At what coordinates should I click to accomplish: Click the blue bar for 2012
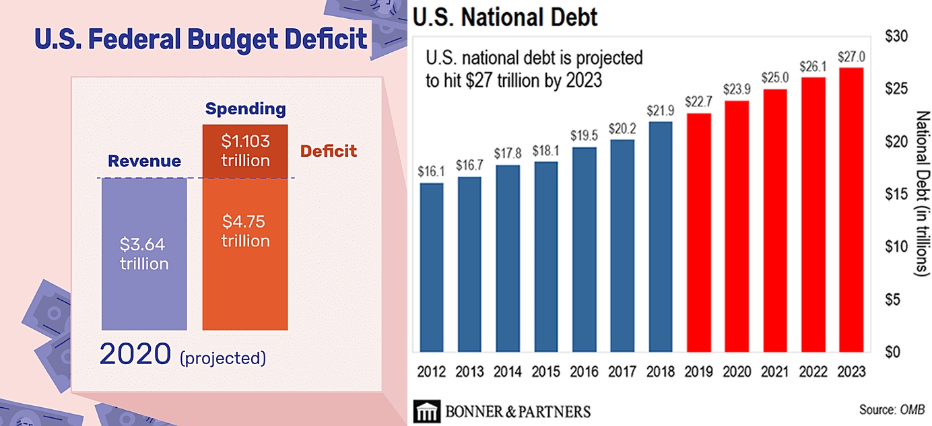click(431, 267)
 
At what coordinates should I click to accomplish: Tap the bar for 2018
click(661, 236)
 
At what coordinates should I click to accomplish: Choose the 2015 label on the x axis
click(546, 371)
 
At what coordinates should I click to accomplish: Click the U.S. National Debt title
click(504, 16)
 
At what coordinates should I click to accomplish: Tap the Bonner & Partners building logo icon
click(426, 411)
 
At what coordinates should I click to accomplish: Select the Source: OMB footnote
click(892, 409)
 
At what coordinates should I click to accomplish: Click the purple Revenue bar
click(143, 254)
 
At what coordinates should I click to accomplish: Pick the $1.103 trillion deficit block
click(245, 151)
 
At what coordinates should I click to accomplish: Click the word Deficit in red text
click(329, 151)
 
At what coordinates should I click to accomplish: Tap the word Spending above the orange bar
click(245, 109)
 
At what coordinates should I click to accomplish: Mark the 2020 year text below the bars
click(136, 355)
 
